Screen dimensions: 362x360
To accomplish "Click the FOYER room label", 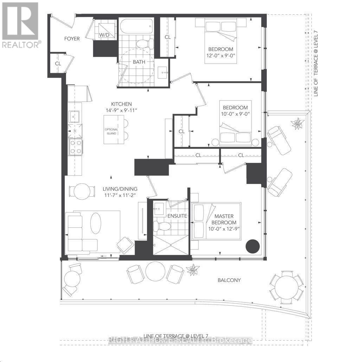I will pyautogui.click(x=72, y=39).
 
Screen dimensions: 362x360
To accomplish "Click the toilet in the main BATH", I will pyautogui.click(x=145, y=44).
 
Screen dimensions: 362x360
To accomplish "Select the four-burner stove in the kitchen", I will pyautogui.click(x=76, y=147).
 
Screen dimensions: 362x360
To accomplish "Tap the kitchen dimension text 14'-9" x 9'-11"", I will pyautogui.click(x=121, y=110).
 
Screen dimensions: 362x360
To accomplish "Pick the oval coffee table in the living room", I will pyautogui.click(x=96, y=222).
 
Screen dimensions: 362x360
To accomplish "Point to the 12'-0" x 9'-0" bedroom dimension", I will pyautogui.click(x=220, y=56).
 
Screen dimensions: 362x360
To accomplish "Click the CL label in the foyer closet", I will pyautogui.click(x=58, y=64).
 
